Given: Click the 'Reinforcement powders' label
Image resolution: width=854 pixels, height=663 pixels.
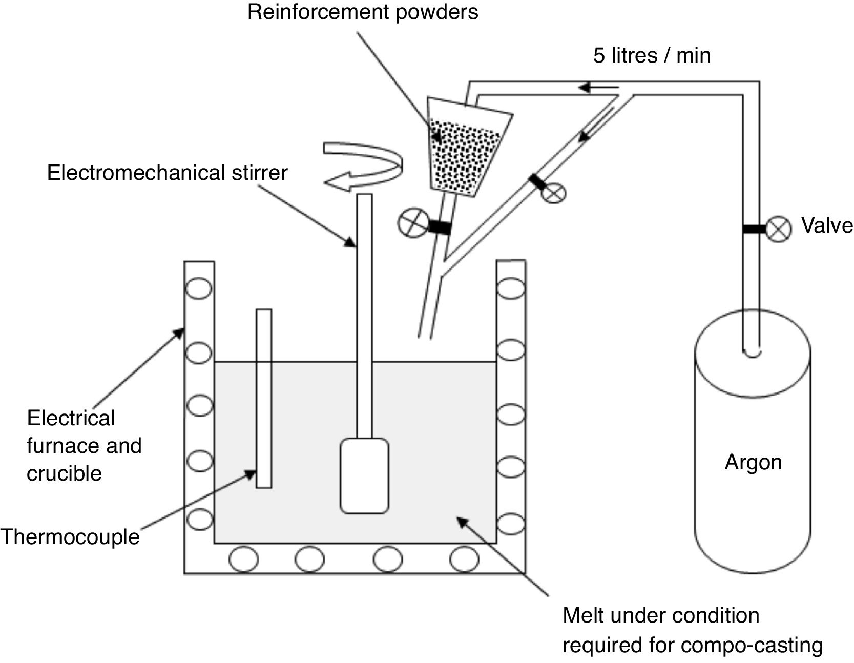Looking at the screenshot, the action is pyautogui.click(x=363, y=12).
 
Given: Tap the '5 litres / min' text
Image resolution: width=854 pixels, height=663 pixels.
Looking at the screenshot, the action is pyautogui.click(x=652, y=55).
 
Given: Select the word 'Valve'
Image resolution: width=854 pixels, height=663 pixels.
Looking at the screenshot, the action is pyautogui.click(x=827, y=225).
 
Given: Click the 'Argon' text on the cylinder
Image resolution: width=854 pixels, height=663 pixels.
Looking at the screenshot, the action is pyautogui.click(x=753, y=463).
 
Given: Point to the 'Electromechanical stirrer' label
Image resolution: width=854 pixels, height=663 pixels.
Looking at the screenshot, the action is pyautogui.click(x=167, y=173).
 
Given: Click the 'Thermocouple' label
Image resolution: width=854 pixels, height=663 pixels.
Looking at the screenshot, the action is pyautogui.click(x=70, y=537).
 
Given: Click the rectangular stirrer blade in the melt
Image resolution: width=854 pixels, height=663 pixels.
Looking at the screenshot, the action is pyautogui.click(x=364, y=475).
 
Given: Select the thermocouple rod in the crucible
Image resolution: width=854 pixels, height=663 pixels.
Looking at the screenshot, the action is pyautogui.click(x=264, y=398).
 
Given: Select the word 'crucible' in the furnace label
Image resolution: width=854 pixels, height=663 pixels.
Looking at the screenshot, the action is pyautogui.click(x=64, y=473).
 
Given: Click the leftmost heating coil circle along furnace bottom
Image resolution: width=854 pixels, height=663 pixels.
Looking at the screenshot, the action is pyautogui.click(x=244, y=560).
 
